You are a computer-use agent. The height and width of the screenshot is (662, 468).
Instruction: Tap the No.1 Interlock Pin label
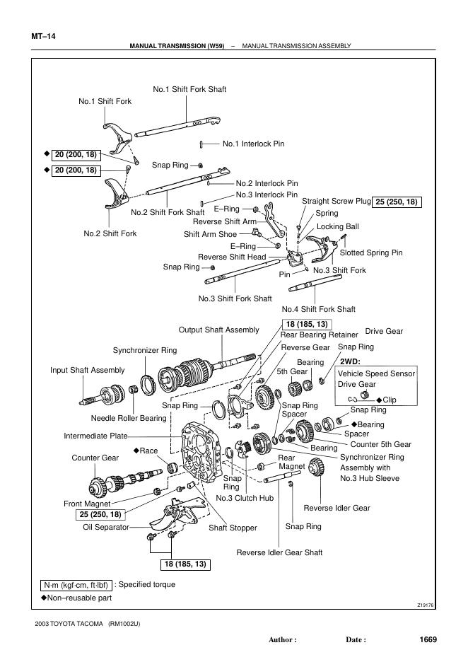click(x=253, y=144)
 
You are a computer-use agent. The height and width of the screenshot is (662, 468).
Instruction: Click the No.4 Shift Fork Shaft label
click(x=318, y=309)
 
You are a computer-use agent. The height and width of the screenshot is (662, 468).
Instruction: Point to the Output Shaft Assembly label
click(x=218, y=330)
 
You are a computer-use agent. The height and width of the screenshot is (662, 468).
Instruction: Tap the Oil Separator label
click(x=106, y=526)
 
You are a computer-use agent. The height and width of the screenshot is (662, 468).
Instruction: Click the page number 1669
click(x=428, y=640)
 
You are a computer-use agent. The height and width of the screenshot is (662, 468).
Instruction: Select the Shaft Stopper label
click(x=233, y=528)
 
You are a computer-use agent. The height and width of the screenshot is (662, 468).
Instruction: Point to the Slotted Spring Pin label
click(x=371, y=252)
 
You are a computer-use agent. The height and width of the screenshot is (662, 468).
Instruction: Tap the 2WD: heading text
click(x=351, y=361)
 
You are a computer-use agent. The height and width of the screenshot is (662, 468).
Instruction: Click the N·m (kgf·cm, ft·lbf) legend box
click(x=76, y=585)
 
